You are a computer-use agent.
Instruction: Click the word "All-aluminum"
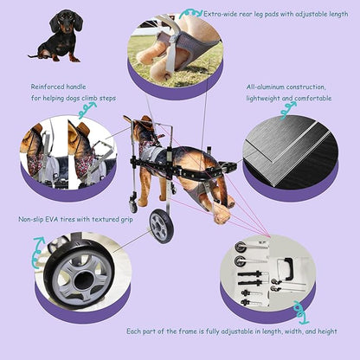[x=266, y=87]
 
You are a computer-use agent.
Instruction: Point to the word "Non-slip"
[x=34, y=220]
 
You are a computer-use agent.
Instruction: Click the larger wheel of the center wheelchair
[x=161, y=226]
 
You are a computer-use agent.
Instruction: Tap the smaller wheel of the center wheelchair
[x=133, y=206]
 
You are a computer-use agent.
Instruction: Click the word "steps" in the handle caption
[x=128, y=99]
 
